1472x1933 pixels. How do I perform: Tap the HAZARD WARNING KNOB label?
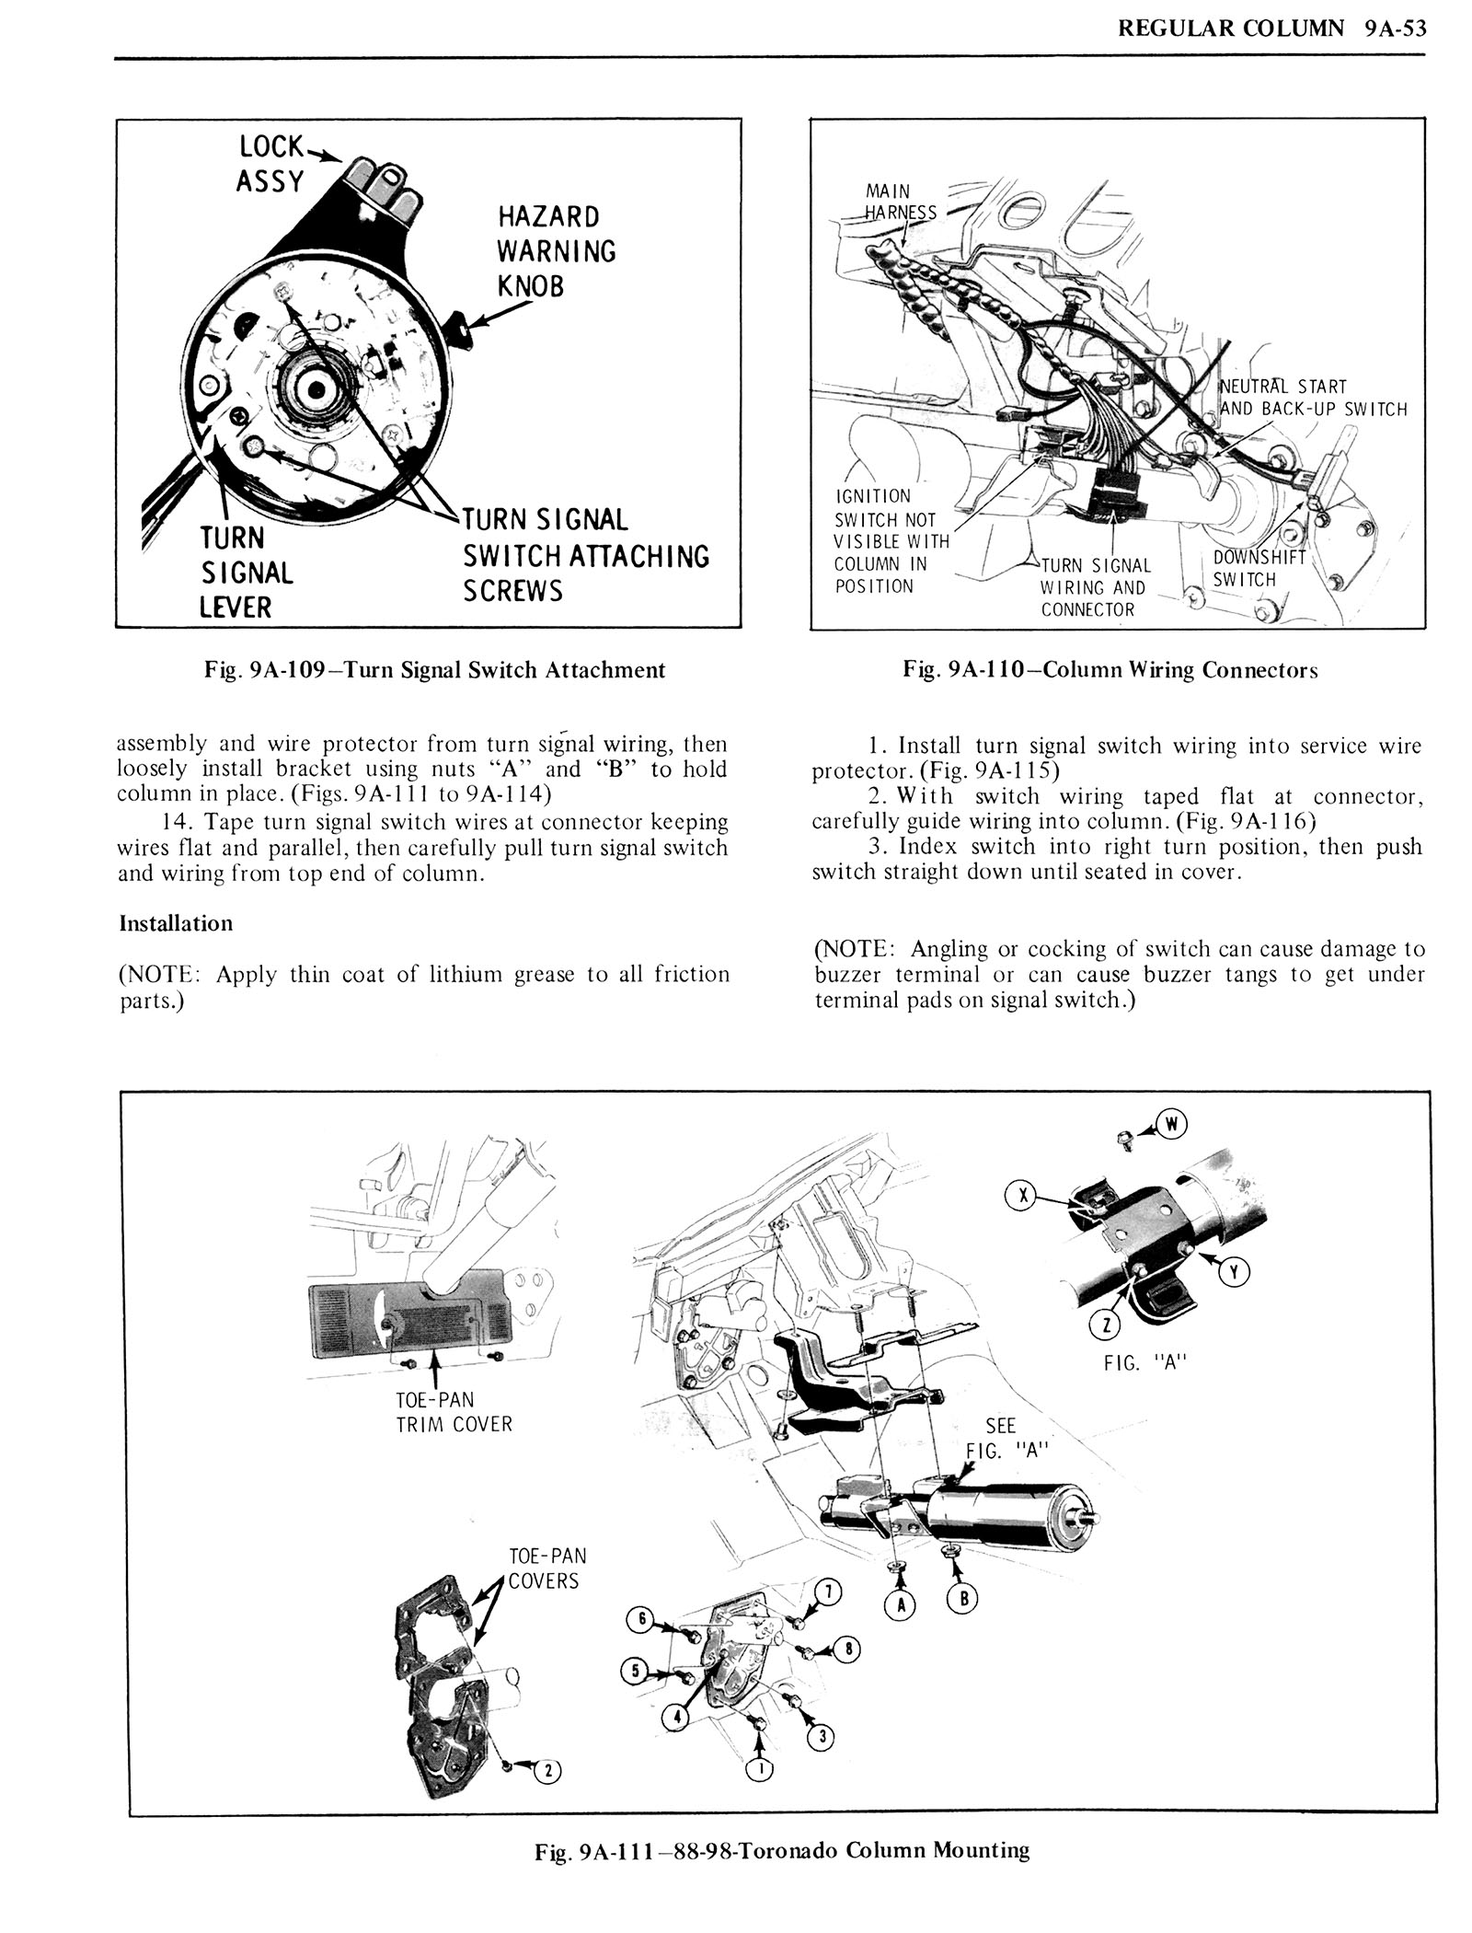pyautogui.click(x=557, y=251)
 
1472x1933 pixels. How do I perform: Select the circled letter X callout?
pyautogui.click(x=1019, y=1197)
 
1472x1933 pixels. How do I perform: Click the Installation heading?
pyautogui.click(x=177, y=923)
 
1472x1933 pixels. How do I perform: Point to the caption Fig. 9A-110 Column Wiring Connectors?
pyautogui.click(x=1110, y=670)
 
